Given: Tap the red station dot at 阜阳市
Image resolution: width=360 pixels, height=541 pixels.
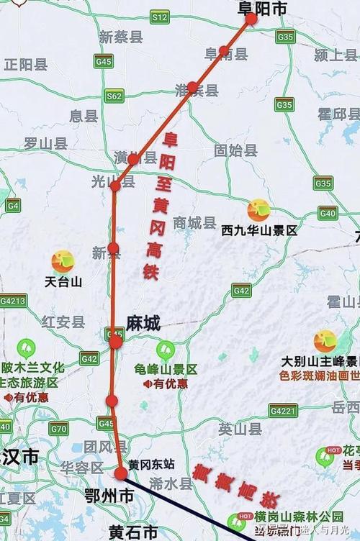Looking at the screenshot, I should click(251, 19).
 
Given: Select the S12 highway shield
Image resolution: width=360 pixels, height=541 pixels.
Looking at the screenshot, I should click(160, 17).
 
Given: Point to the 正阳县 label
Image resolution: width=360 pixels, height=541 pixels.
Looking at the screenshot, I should click(26, 64).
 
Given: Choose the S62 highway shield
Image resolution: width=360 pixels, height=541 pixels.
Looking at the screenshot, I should click(114, 95).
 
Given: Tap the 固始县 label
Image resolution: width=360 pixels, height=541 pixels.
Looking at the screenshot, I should click(235, 150).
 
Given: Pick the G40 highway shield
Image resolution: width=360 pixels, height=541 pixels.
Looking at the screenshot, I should click(328, 213).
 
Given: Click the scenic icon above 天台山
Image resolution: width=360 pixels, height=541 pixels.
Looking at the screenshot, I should click(63, 261).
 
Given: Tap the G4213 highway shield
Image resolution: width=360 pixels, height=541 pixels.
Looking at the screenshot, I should click(13, 300).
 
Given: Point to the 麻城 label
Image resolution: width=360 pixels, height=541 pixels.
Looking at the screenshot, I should click(143, 324).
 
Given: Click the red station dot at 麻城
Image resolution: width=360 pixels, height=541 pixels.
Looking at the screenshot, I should click(116, 342).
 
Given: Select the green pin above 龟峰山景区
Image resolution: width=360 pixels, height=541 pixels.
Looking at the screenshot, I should click(166, 350).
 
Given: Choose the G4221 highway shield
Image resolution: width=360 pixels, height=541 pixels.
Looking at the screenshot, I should click(283, 410).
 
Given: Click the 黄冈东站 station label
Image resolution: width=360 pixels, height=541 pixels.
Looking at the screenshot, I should click(152, 465).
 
